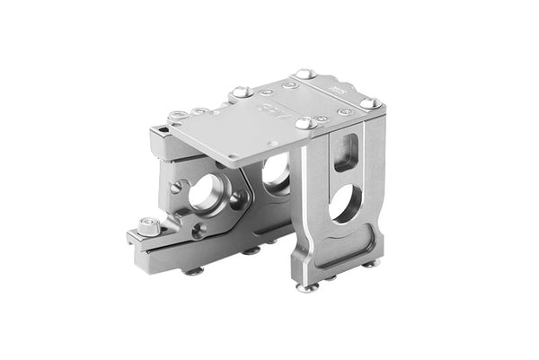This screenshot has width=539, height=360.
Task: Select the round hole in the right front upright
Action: [342, 205]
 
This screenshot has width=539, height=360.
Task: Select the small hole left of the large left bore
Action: [183, 187]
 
